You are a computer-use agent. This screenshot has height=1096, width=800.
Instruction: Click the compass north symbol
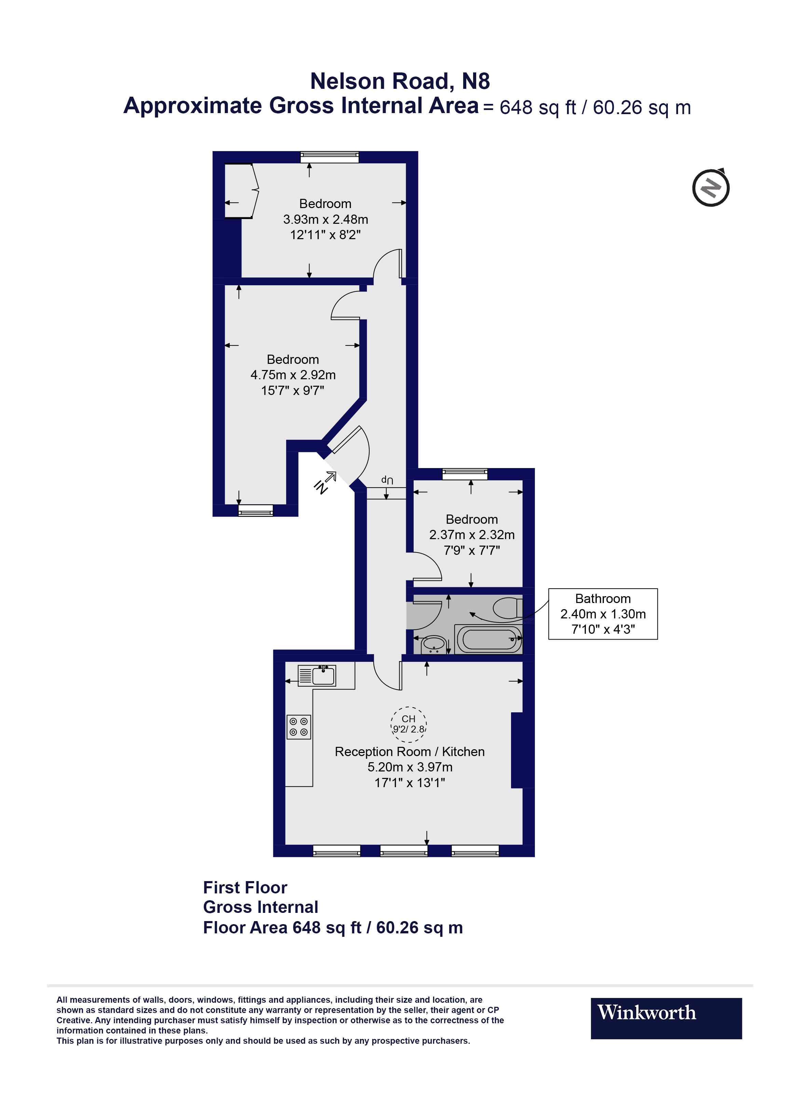(x=711, y=188)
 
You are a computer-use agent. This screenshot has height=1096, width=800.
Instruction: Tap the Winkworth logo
(x=666, y=1018)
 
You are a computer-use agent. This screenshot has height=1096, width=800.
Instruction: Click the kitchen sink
(x=323, y=675)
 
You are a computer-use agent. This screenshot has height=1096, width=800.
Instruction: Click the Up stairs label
(x=387, y=480)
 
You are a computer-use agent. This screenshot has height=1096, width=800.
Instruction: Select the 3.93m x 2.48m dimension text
(x=326, y=219)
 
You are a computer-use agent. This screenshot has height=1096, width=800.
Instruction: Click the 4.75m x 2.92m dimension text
(x=293, y=375)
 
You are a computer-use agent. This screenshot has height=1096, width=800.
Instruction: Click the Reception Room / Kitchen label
(x=410, y=752)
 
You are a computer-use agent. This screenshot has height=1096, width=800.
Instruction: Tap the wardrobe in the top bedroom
(x=240, y=191)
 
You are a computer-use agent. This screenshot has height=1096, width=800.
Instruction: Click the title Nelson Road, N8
(x=400, y=81)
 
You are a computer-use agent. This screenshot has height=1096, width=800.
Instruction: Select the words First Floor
(x=245, y=888)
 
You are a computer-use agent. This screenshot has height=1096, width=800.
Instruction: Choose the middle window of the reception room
(x=404, y=851)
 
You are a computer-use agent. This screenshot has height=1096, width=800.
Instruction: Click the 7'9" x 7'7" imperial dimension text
(x=472, y=550)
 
